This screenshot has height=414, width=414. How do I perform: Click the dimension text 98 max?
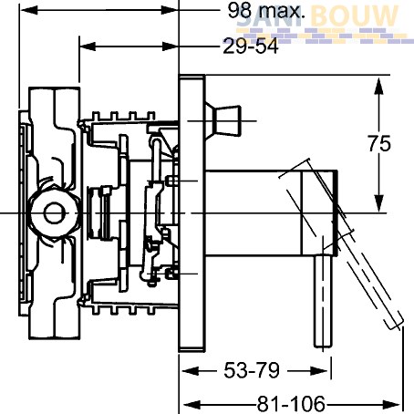coord(266,10)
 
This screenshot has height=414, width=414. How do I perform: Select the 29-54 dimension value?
coord(251,47)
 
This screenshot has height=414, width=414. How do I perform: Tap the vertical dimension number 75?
coord(379,143)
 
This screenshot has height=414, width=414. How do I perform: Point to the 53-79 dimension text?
coord(252,370)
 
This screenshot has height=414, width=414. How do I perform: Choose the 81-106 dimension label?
coord(291,404)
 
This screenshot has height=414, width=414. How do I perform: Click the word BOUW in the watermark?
coord(355,16)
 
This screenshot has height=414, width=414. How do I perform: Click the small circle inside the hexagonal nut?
coord(54,213)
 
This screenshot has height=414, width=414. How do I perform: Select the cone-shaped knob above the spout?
coord(223,120)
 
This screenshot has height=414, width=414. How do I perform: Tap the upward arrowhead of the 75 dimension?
coord(378,88)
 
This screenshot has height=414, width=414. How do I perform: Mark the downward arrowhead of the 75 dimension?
coord(378,202)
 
